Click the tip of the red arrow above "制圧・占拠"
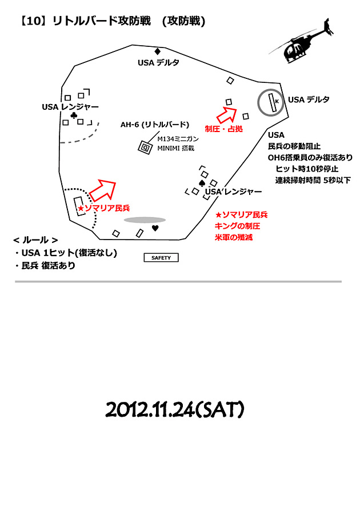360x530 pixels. [236, 108]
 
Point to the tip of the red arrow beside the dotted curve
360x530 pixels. [115, 182]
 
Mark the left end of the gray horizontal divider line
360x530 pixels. [15, 281]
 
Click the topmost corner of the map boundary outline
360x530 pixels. [132, 45]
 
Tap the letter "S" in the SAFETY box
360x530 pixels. [153, 258]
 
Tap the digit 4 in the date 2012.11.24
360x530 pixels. [190, 410]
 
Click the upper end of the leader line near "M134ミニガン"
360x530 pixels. [158, 133]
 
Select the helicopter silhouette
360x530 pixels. [302, 42]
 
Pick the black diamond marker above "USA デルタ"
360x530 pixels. [157, 51]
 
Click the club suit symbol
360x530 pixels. [74, 115]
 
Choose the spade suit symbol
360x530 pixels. [202, 183]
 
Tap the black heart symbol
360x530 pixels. [155, 228]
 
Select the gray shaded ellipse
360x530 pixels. [145, 220]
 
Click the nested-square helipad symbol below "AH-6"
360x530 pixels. [145, 148]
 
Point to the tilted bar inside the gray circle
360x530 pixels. [272, 102]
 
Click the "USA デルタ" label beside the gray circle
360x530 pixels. [309, 99]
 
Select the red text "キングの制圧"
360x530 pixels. [237, 226]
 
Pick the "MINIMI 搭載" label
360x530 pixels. [175, 148]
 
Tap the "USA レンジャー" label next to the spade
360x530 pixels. [233, 192]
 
